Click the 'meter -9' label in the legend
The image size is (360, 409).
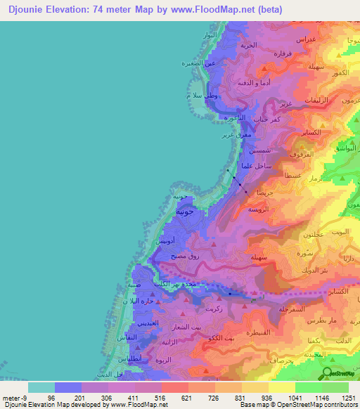16,398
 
